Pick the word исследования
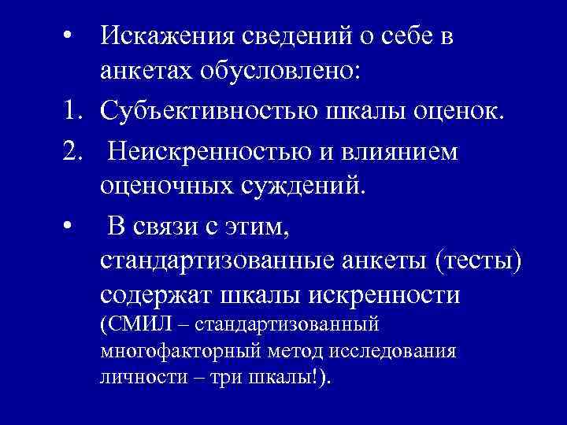[x=402, y=351]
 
